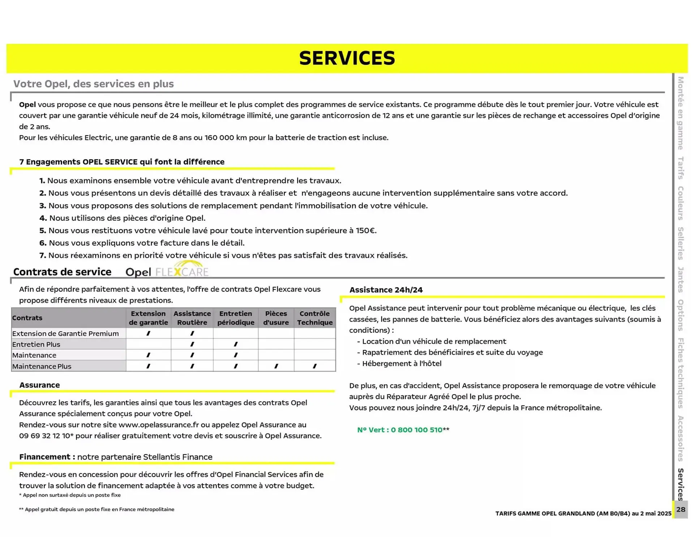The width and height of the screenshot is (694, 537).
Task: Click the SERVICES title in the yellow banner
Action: (347, 58)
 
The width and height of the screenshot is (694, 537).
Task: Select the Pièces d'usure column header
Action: (276, 318)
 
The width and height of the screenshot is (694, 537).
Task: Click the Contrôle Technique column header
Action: (314, 318)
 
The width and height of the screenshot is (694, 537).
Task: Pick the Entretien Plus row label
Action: (36, 344)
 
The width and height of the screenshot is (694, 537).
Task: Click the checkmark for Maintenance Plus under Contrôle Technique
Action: (314, 366)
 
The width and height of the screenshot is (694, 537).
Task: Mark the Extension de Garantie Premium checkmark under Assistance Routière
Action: (192, 333)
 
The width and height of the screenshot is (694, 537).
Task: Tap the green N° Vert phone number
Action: (399, 430)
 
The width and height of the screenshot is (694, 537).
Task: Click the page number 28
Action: (681, 509)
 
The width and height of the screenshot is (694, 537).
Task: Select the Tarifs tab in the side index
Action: (680, 168)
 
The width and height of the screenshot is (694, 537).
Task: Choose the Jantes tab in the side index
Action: (680, 279)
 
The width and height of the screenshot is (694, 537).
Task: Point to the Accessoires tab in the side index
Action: (680, 438)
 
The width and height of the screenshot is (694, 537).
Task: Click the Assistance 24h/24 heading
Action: (386, 290)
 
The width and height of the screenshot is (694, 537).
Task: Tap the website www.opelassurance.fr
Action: (159, 425)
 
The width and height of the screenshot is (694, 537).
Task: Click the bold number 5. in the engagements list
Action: (43, 231)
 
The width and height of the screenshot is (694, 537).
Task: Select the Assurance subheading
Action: (39, 385)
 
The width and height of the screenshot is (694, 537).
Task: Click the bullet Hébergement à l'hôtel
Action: (401, 363)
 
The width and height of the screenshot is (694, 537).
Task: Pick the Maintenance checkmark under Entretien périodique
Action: (236, 355)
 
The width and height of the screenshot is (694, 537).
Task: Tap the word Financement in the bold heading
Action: (45, 457)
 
